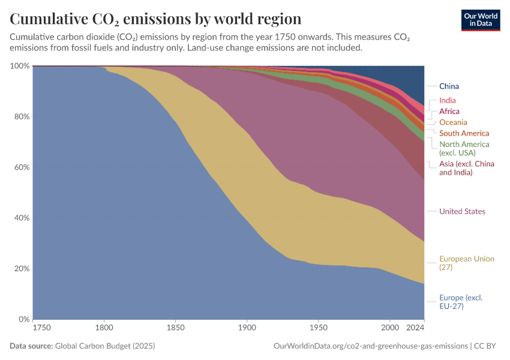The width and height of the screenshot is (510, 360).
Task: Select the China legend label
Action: click(x=449, y=86)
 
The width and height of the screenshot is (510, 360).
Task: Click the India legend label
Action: click(x=447, y=101)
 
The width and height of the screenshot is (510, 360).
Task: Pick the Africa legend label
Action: click(x=449, y=112)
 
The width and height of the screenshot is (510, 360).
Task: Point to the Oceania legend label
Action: click(x=453, y=122)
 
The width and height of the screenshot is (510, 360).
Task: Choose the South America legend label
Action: click(x=464, y=133)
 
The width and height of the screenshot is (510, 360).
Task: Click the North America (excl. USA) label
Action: click(x=464, y=148)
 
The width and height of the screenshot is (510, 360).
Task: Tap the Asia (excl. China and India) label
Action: click(x=464, y=168)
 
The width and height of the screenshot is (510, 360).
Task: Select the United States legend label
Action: click(x=462, y=211)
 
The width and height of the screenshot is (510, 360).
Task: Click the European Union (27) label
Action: click(x=466, y=263)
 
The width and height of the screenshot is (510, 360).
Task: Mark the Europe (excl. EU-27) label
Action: click(x=460, y=302)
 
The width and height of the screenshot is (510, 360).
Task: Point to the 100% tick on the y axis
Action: click(x=19, y=65)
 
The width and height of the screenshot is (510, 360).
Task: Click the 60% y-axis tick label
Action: click(x=21, y=167)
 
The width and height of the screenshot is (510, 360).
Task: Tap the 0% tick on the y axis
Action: click(x=23, y=319)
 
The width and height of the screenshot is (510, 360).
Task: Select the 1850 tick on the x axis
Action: click(x=175, y=328)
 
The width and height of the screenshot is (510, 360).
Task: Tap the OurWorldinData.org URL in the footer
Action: click(x=370, y=346)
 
